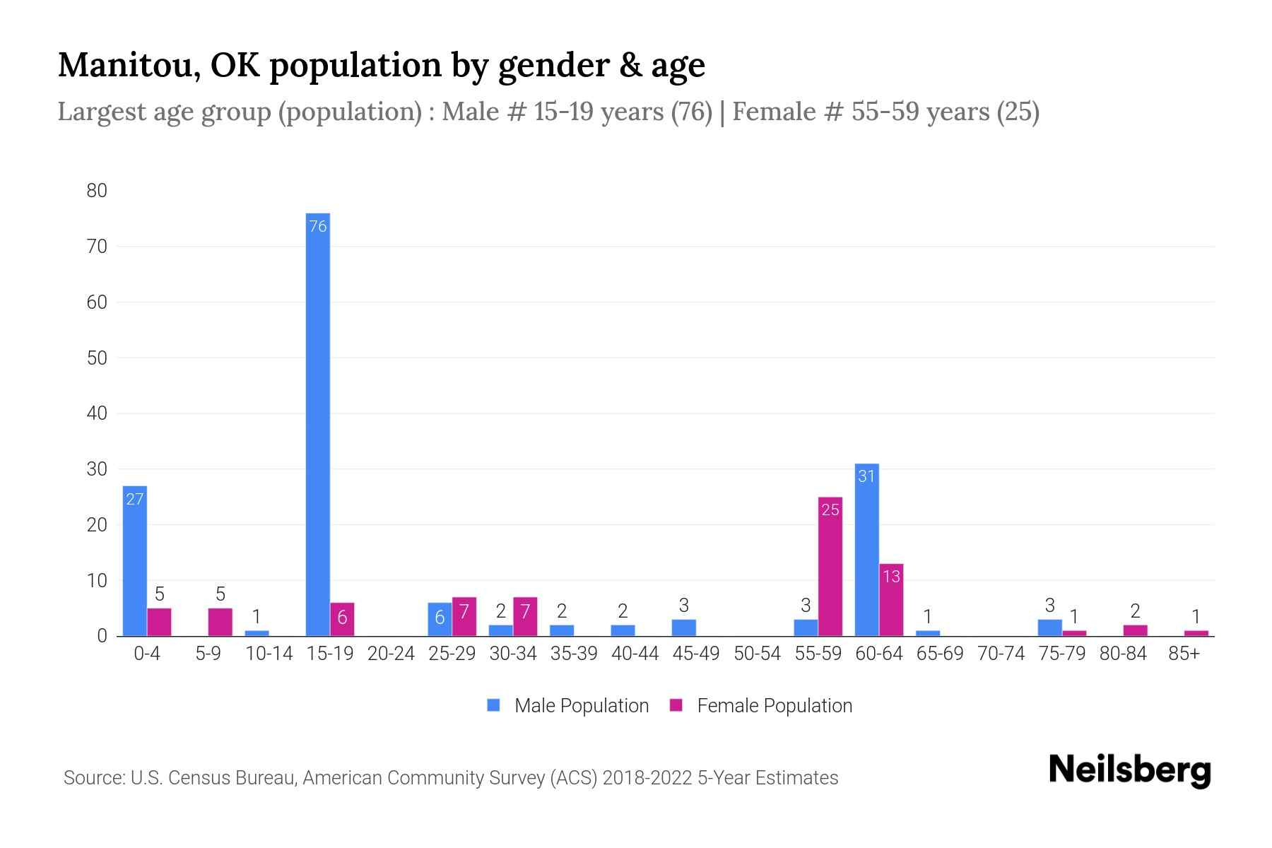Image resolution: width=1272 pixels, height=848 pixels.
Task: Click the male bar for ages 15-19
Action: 317,424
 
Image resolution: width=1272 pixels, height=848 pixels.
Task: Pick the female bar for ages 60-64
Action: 891,600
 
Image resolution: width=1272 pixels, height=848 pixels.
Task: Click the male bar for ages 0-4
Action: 134,561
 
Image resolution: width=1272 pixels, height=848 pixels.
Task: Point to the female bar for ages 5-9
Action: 220,622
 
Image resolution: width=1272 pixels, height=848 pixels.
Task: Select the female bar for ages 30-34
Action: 525,616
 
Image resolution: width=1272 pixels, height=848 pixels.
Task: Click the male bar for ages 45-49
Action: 683,628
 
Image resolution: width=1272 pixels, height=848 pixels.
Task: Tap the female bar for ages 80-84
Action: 1135,630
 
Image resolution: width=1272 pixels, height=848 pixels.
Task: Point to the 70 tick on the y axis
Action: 97,247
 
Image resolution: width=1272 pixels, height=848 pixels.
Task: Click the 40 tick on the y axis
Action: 97,413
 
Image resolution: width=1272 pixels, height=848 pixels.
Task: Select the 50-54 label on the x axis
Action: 757,654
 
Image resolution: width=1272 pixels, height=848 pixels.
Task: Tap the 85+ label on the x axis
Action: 1184,654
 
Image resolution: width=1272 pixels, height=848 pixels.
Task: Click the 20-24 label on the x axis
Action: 391,654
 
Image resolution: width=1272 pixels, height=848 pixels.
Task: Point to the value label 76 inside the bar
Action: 318,226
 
